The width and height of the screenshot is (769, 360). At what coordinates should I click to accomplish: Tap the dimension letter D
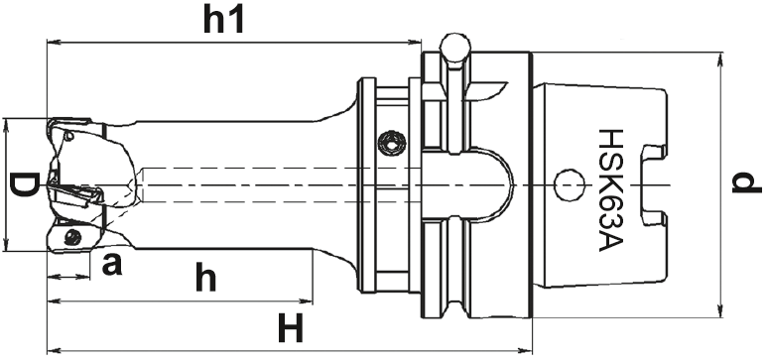tap(23, 184)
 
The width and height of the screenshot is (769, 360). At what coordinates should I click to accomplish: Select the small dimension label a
tap(112, 265)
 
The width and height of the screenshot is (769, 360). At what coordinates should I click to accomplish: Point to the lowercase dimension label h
tap(206, 277)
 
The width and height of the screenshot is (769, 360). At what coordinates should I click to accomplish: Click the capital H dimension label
tap(291, 328)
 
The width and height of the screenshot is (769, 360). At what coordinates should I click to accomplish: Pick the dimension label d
tap(746, 182)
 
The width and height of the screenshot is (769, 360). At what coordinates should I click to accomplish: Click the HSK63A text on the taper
tap(610, 190)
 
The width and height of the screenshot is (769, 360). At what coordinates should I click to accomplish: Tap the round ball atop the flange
tap(455, 48)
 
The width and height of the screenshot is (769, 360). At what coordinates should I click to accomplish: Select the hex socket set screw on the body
tap(391, 143)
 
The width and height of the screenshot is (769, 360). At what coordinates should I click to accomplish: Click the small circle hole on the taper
tap(570, 184)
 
